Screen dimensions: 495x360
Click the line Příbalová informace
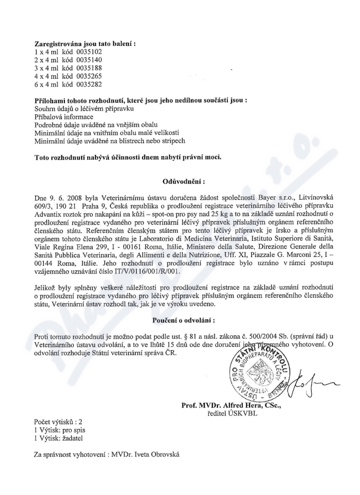[64, 117]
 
